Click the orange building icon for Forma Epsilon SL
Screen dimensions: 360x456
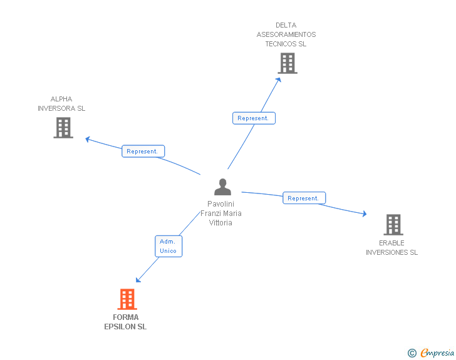[x=127, y=299]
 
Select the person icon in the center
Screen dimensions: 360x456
[x=222, y=187]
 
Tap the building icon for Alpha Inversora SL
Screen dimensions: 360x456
[x=63, y=128]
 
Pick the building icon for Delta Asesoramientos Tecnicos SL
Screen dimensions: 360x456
[x=287, y=63]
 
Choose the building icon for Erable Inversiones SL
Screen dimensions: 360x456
[x=393, y=224]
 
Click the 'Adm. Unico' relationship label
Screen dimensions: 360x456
[x=168, y=246]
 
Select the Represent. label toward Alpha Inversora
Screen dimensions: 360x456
[x=143, y=152]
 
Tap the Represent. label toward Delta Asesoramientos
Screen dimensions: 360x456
[x=254, y=118]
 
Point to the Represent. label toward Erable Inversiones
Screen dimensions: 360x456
[x=304, y=198]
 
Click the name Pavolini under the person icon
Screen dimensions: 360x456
[x=221, y=204]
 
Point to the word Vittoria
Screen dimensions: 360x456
[x=221, y=223]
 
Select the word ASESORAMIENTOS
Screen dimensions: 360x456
[x=286, y=35]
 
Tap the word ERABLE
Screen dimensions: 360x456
[x=391, y=243]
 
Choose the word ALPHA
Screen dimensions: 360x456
[x=61, y=99]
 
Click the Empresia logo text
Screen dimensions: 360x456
[x=437, y=353]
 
